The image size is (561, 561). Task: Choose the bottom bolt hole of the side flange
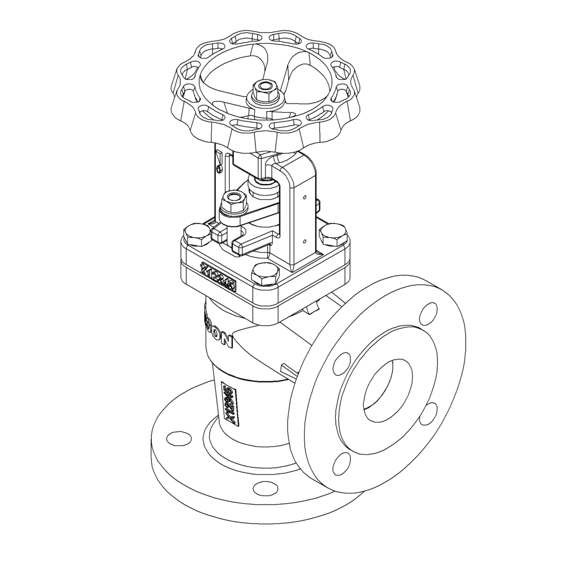click(341, 463)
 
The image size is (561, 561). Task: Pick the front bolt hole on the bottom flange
click(266, 487)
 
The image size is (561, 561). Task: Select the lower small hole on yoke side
click(305, 239)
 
